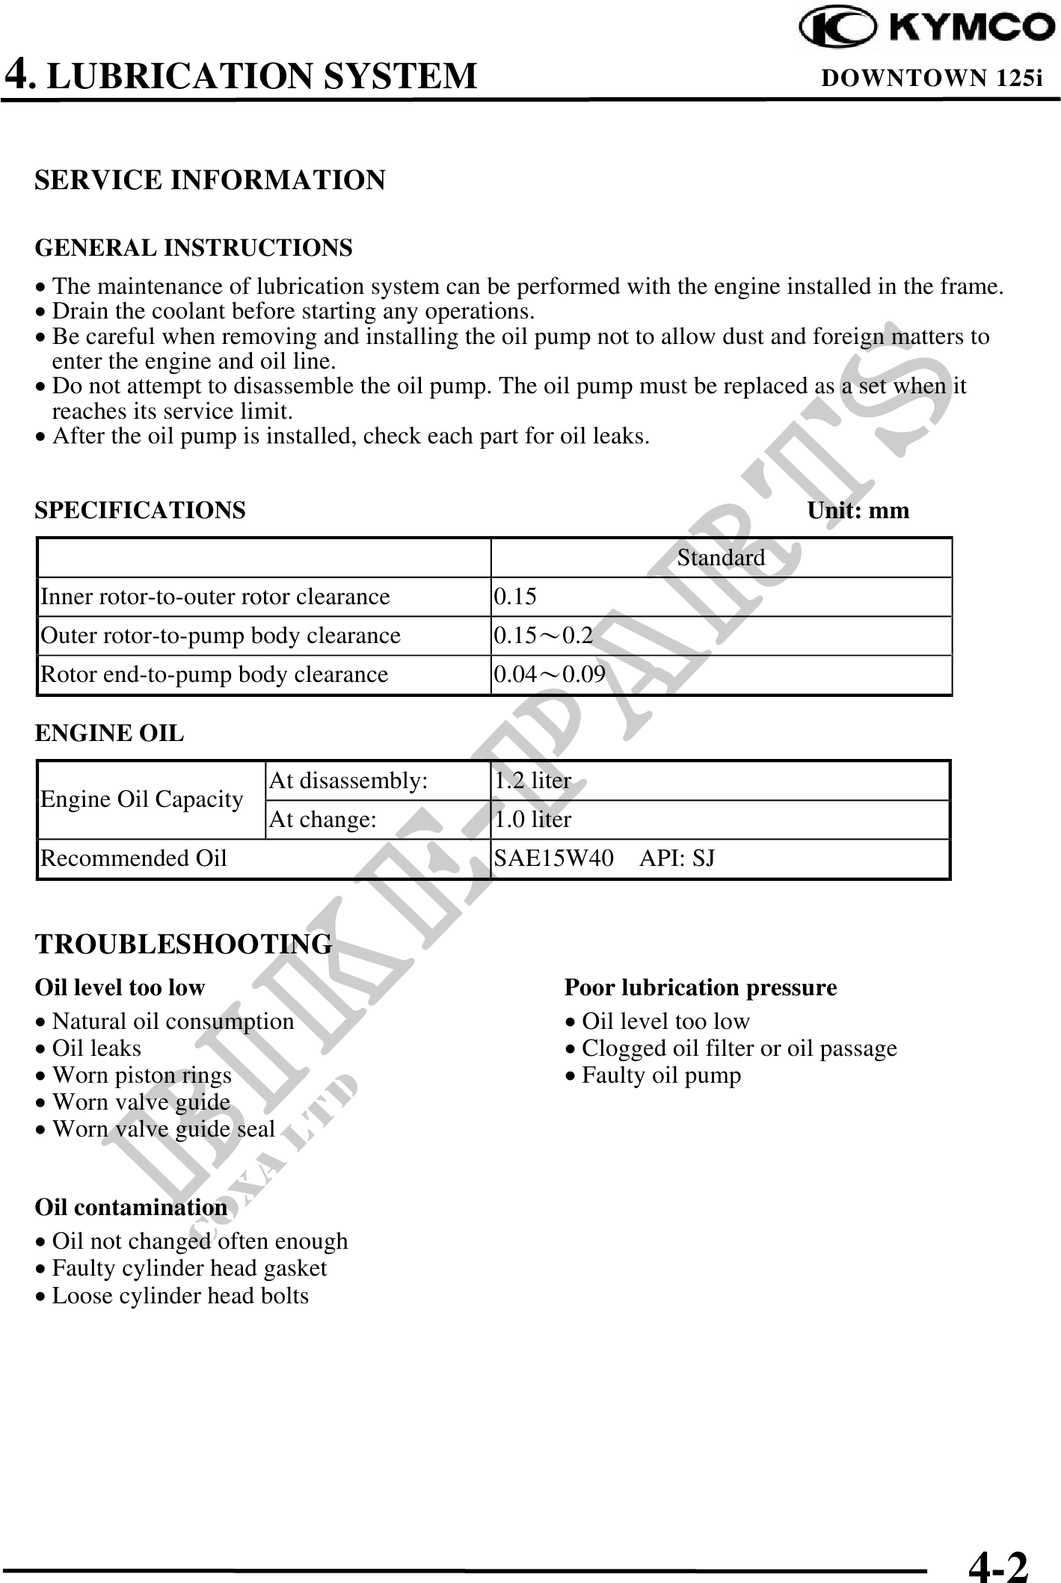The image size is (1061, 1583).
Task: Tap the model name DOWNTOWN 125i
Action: tap(932, 78)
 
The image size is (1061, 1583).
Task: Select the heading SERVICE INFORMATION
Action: tap(210, 180)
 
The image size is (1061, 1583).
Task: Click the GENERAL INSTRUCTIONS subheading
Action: tap(194, 248)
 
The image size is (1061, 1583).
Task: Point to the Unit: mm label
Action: tap(858, 511)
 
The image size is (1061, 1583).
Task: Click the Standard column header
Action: tap(721, 558)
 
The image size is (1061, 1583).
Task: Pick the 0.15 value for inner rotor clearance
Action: tap(514, 597)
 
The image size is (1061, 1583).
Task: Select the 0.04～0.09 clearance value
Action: tap(550, 674)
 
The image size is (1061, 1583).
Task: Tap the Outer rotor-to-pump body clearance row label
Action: tap(221, 636)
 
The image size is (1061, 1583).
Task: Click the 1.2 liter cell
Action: tap(532, 781)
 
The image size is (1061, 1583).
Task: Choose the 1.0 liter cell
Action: tap(532, 820)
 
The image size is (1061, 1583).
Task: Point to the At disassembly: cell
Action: tap(348, 781)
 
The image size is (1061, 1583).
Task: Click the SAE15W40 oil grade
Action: tap(554, 858)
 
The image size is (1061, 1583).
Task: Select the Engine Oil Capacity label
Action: tap(142, 800)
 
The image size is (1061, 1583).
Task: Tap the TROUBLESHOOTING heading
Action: tap(184, 944)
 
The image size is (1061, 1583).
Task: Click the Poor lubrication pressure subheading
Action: tap(701, 988)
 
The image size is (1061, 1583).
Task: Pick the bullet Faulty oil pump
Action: tap(661, 1075)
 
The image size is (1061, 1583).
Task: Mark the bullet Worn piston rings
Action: tap(141, 1075)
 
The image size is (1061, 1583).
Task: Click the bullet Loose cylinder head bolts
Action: tap(179, 1295)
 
